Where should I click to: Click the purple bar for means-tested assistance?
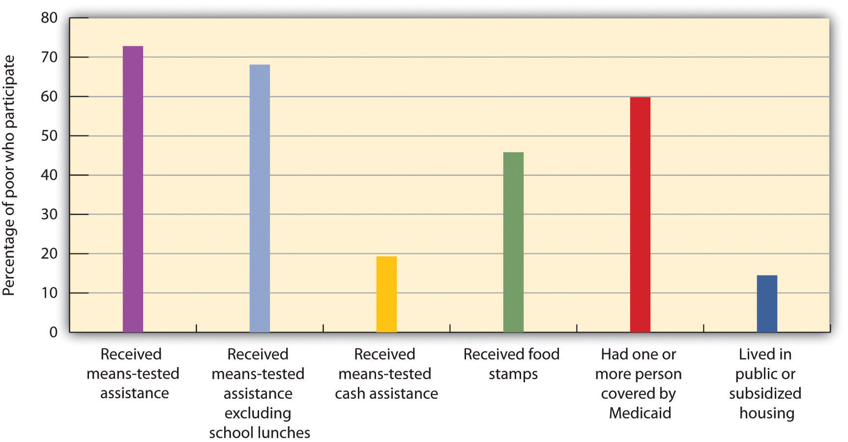tap(133, 189)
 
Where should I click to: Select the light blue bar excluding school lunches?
tap(260, 198)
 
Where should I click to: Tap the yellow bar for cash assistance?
tap(386, 294)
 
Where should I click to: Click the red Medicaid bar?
tap(640, 215)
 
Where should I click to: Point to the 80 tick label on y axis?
tap(49, 18)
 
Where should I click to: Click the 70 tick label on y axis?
tap(49, 57)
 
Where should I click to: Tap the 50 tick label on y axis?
tap(49, 136)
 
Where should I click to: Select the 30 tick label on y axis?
tap(49, 215)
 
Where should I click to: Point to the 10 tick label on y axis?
tap(49, 293)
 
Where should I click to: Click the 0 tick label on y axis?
tap(53, 332)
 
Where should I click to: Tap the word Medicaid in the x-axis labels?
tap(640, 413)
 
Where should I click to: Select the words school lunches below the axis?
tap(260, 433)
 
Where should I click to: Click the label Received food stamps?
tap(512, 364)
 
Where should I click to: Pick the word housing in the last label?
tap(767, 413)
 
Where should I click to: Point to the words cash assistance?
tap(386, 393)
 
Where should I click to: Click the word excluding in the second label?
tap(258, 413)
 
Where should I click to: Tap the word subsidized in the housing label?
tap(765, 393)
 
